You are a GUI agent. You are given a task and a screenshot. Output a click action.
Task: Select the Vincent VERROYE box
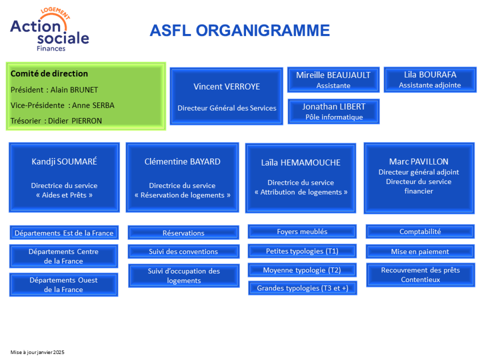[226, 96]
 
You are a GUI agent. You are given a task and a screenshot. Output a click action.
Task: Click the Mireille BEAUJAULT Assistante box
[333, 80]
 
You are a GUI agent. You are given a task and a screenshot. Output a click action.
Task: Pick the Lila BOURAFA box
[430, 80]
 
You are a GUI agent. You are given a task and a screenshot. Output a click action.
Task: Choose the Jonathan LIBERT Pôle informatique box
[334, 112]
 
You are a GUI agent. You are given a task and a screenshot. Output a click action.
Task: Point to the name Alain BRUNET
[74, 90]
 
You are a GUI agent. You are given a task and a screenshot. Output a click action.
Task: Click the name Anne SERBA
[93, 105]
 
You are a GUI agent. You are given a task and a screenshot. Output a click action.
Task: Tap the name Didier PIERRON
[75, 121]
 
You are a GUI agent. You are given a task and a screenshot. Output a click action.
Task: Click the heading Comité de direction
[49, 74]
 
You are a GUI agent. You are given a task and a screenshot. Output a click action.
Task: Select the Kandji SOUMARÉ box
[64, 177]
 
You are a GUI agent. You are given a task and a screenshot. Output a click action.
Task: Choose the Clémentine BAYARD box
[182, 177]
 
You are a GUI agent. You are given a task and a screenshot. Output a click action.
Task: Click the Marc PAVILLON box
[419, 178]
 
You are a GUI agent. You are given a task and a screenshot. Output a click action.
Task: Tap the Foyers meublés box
[302, 232]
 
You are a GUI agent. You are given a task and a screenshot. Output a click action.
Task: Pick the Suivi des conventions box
[184, 251]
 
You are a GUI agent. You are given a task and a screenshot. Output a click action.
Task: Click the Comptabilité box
[420, 232]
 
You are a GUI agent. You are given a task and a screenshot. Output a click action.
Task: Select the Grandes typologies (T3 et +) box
[302, 288]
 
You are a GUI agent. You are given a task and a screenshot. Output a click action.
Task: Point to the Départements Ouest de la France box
[64, 285]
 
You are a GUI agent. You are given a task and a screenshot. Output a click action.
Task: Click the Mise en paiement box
[420, 251]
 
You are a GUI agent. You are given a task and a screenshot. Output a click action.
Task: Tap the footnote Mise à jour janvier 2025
[37, 352]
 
